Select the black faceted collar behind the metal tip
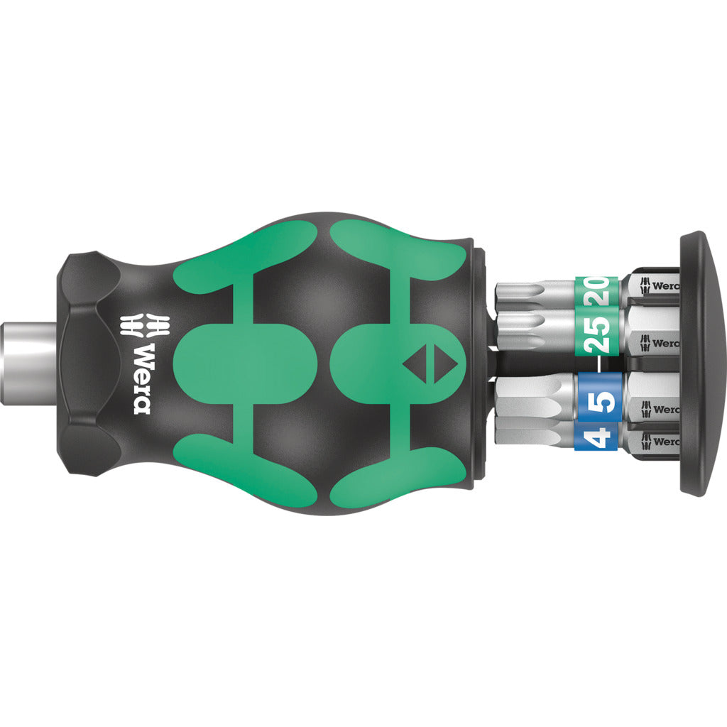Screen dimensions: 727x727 [82, 362]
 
